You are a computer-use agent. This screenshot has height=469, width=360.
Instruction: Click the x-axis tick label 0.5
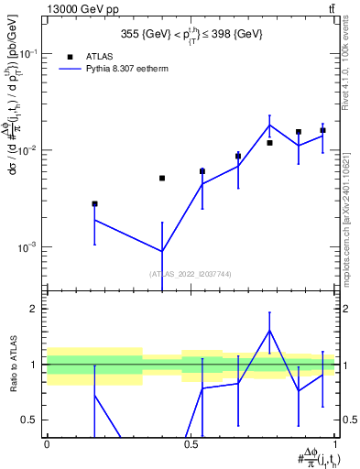190,445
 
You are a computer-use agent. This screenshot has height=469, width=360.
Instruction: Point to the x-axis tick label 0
47,445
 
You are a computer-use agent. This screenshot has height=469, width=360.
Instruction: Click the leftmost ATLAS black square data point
94,203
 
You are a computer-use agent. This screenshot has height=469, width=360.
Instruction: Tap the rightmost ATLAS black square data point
322,130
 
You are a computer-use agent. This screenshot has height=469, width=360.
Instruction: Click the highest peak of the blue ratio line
269,331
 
